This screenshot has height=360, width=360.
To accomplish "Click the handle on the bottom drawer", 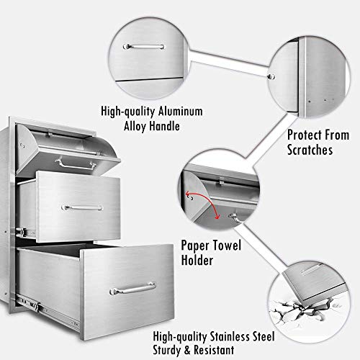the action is pos(132,289).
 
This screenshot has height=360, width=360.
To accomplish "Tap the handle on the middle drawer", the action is pos(82,208).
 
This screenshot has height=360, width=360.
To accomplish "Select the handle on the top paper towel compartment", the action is pos(76,165).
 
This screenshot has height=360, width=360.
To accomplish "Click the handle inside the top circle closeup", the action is pos(143,47).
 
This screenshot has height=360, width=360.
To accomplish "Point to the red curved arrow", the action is pos(206,200).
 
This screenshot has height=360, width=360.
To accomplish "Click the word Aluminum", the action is pos(181,112).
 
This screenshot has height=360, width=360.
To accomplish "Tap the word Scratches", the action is pos(310,150).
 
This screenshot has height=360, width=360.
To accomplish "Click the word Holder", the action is pos(197,260).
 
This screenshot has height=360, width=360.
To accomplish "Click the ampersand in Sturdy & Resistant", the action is pos(188,350).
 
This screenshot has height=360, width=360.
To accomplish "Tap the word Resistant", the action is pos(214,350).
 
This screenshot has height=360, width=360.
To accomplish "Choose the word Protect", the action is pos(305,135).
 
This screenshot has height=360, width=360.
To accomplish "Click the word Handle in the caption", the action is pos(165,126).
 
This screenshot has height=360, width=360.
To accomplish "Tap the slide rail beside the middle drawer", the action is pos(26,232).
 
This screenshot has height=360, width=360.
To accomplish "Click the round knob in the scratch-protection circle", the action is pos(271,77).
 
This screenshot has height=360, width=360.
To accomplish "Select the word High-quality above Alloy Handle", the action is pos(128,112).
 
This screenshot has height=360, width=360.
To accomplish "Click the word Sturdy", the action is pos(168,350).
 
